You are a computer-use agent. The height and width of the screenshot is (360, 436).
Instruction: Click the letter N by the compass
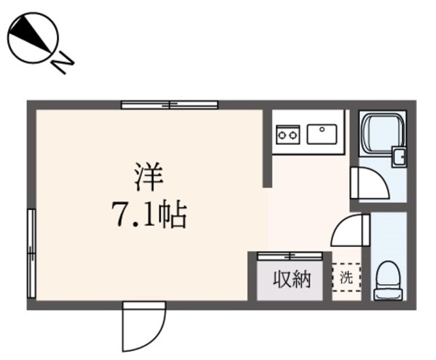coord(63,63)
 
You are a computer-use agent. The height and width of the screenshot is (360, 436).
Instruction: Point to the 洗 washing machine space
coord(347,278)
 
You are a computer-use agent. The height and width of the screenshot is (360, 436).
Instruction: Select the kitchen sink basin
coord(323,134)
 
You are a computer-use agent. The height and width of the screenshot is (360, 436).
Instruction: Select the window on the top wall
coord(170,105)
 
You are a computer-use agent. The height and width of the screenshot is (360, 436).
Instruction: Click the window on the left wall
coord(31,253)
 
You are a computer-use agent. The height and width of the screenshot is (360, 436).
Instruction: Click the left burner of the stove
coord(281,135)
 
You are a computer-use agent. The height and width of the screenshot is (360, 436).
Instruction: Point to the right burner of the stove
coord(292,135)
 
